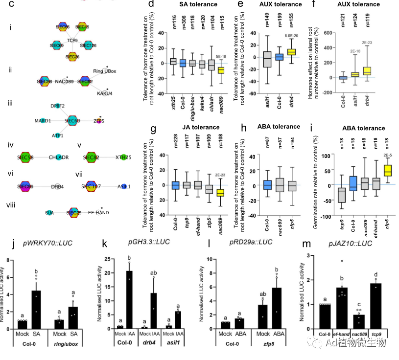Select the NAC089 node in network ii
click(x=64, y=81)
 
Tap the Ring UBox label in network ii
click(x=105, y=71)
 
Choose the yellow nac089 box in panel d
click(x=221, y=70)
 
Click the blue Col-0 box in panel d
click(x=183, y=63)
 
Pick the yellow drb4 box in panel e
click(x=291, y=52)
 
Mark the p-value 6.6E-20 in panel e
click(x=292, y=36)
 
